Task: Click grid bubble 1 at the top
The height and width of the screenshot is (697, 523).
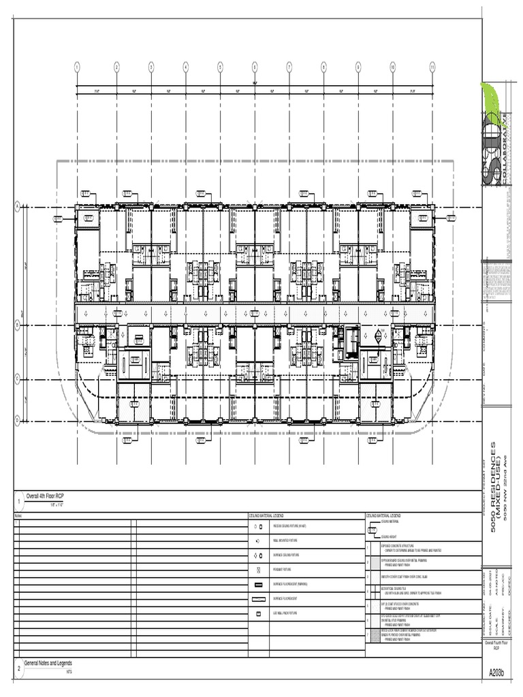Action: pyautogui.click(x=77, y=67)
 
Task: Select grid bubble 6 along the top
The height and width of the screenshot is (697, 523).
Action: pyautogui.click(x=255, y=67)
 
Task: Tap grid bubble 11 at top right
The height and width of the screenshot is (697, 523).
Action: pyautogui.click(x=432, y=67)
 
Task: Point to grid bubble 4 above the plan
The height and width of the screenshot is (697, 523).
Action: pyautogui.click(x=185, y=67)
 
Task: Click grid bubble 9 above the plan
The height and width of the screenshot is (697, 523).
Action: pyautogui.click(x=358, y=67)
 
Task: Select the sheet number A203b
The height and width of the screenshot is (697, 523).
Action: pyautogui.click(x=497, y=673)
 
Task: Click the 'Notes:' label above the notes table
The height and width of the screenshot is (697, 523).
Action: pyautogui.click(x=18, y=517)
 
